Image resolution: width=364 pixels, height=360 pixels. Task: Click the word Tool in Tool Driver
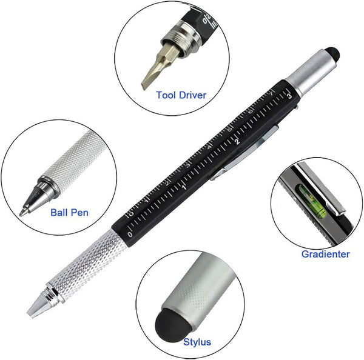coord(166,95)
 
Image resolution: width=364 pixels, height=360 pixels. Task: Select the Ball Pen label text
coord(69,212)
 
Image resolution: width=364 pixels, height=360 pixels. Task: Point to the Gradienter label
coord(325,254)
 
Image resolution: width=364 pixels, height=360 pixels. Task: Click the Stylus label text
coord(197,342)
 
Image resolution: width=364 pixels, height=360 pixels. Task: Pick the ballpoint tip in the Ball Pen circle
coord(23,212)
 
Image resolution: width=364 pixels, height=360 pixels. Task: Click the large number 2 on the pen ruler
coord(238,141)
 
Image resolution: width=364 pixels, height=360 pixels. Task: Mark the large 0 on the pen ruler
coord(129,232)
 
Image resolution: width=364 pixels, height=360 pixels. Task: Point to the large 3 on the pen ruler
coord(289,94)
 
